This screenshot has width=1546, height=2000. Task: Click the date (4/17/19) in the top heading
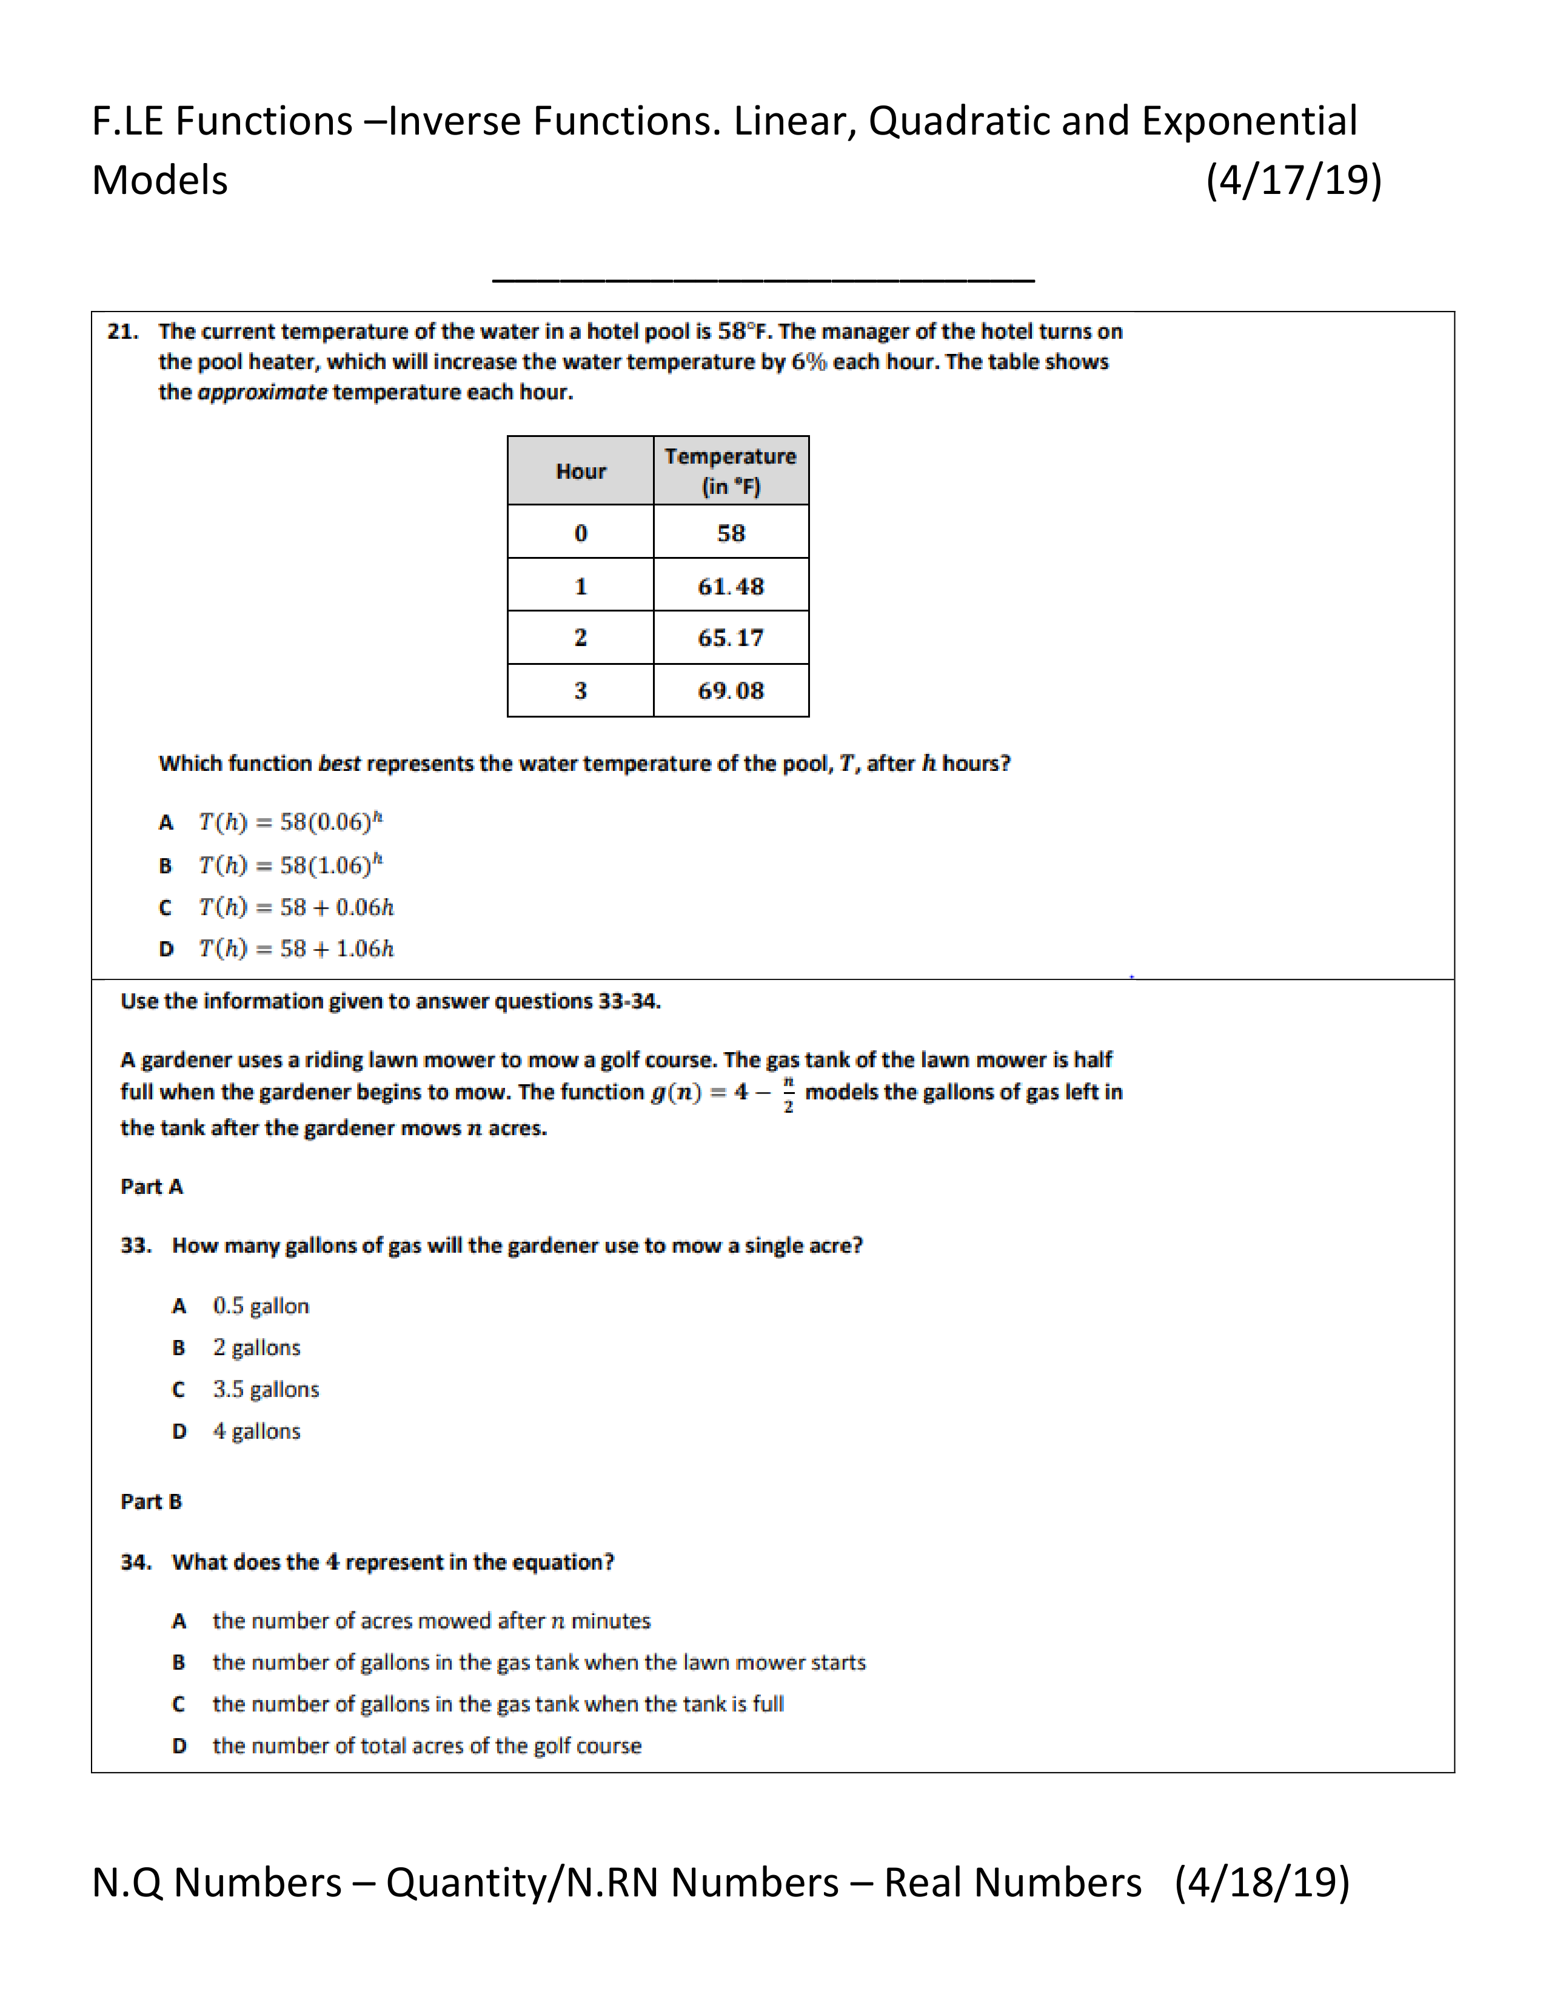[1293, 181]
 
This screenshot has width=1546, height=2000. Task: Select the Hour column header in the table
[581, 472]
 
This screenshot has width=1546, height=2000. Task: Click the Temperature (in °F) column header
[730, 471]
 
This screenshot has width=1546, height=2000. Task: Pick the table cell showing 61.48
[730, 586]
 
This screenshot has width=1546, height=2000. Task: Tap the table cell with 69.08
[730, 690]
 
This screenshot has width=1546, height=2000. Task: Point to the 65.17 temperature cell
[730, 638]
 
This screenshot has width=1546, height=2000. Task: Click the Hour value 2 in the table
[581, 638]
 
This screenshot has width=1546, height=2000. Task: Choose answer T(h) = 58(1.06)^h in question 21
[291, 864]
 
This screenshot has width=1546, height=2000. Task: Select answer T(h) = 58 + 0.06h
[296, 907]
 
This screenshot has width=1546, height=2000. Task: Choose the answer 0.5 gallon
[261, 1306]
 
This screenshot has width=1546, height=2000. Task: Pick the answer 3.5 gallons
[266, 1389]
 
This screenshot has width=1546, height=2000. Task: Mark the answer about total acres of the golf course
[427, 1746]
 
